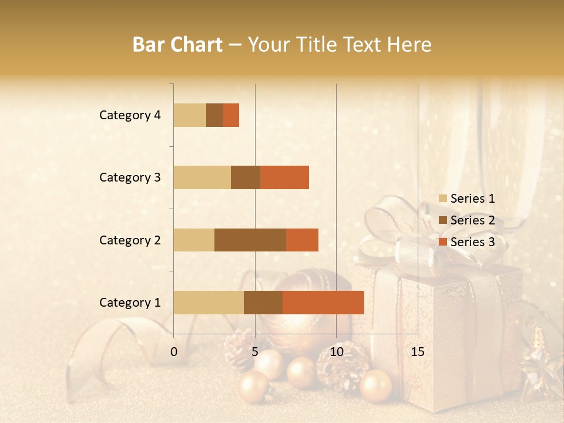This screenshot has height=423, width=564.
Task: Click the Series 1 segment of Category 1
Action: (x=209, y=302)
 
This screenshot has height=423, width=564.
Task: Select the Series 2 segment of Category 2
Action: (x=250, y=240)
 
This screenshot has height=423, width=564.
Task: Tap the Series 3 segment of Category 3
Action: (x=284, y=177)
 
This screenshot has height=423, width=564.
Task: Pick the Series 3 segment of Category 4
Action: (x=231, y=115)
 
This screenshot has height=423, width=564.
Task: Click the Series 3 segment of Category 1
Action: (x=323, y=302)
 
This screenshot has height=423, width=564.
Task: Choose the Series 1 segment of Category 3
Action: (x=202, y=177)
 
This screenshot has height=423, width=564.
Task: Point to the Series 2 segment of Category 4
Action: (x=214, y=115)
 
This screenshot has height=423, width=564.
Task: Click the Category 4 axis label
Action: (x=130, y=115)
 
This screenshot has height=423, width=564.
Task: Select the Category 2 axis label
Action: (x=130, y=240)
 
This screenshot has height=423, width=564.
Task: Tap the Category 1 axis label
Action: (x=130, y=303)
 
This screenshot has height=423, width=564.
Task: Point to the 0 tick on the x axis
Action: (x=174, y=352)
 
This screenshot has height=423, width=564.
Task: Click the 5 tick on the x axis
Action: (x=255, y=352)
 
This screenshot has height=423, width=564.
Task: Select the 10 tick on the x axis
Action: (x=336, y=352)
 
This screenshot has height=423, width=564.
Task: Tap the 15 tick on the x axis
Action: (x=417, y=352)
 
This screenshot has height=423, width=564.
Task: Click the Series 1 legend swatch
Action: (x=443, y=199)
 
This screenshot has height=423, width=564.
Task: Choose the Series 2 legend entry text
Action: (x=472, y=220)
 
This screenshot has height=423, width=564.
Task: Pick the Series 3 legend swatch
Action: (x=443, y=242)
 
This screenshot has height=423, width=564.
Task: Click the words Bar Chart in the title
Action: (x=177, y=44)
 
